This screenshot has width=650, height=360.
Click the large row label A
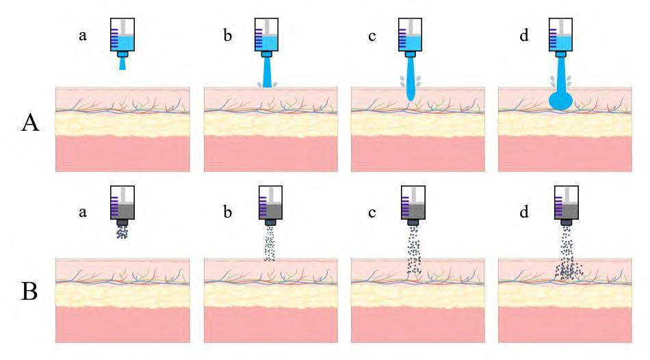[x=30, y=124]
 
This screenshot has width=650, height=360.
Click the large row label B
[x=30, y=291]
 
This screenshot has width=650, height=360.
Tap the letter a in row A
[x=83, y=36]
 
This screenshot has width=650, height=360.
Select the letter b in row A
[x=227, y=36]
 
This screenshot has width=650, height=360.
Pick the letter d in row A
[x=524, y=36]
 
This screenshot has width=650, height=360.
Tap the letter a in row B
[x=83, y=212]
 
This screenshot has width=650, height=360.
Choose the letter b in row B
[x=227, y=212]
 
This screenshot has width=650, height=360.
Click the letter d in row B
[x=524, y=212]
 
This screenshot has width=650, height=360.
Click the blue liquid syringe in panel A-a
[x=122, y=37]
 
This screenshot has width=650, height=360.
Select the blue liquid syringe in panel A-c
[x=410, y=37]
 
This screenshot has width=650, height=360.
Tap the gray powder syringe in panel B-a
[x=122, y=205]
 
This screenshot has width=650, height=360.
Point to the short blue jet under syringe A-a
[x=122, y=64]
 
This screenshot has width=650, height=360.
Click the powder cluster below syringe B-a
[x=122, y=233]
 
